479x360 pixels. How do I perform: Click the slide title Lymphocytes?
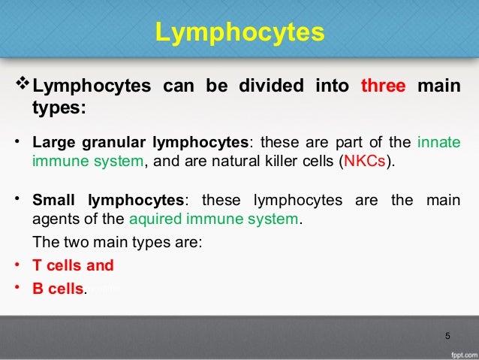[239, 33]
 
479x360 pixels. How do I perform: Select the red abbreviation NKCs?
[364, 162]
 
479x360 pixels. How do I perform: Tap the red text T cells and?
[73, 265]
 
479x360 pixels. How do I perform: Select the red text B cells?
[58, 289]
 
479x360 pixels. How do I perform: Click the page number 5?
[447, 334]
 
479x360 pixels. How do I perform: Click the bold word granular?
[113, 142]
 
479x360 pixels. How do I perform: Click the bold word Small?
[56, 201]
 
